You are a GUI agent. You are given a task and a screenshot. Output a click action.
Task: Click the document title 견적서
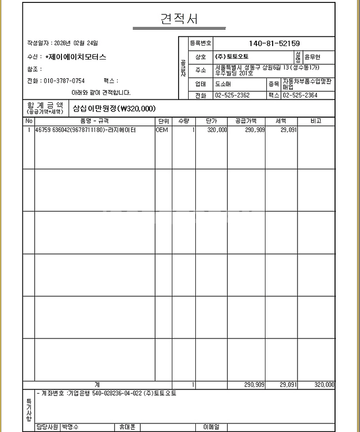(x=179, y=19)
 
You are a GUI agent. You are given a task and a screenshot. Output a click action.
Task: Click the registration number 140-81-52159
(x=274, y=44)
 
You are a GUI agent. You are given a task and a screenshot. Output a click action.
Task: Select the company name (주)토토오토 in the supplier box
(x=232, y=57)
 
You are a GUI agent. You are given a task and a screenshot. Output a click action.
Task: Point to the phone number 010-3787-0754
(x=64, y=81)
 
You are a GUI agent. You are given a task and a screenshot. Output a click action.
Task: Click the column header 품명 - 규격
(x=94, y=121)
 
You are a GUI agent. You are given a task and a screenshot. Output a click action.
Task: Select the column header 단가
(x=211, y=121)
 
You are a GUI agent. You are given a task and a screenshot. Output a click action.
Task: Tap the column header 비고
(x=316, y=121)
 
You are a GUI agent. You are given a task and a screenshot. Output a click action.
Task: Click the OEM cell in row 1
(x=162, y=130)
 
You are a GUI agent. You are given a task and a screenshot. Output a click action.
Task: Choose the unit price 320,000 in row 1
(x=217, y=130)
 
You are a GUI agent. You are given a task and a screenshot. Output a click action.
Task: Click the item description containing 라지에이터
(x=85, y=130)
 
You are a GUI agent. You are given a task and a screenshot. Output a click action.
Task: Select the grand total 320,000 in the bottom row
(x=324, y=385)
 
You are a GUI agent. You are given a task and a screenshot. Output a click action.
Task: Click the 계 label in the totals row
(x=97, y=385)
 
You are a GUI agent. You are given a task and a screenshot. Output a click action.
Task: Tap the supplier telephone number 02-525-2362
(x=232, y=95)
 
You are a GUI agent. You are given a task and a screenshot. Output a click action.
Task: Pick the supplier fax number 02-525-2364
(x=300, y=95)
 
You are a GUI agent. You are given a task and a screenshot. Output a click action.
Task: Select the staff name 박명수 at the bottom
(x=70, y=427)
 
